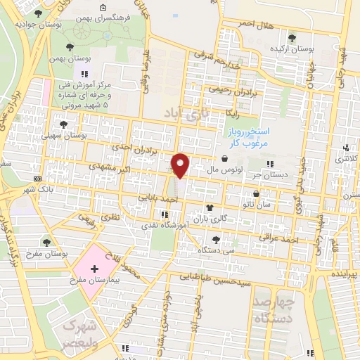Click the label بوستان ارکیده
pyautogui.click(x=297, y=49)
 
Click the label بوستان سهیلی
pyautogui.click(x=64, y=135)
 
